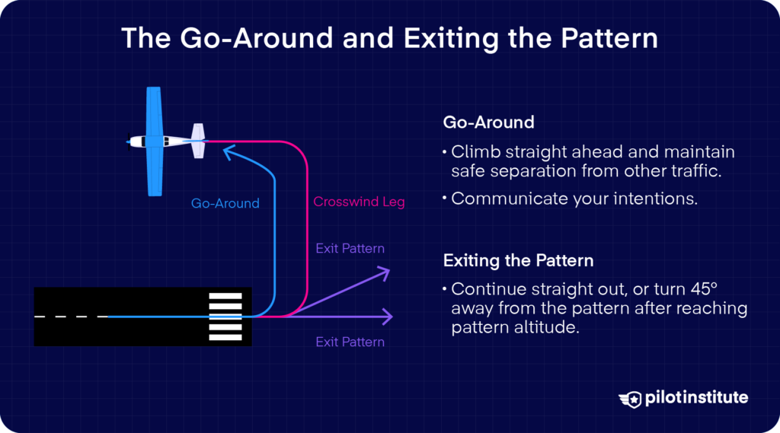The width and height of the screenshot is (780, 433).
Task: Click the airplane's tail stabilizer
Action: pos(199,141)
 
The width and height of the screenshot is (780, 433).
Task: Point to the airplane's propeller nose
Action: pos(129,142)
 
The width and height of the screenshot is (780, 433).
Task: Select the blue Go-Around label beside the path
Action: pos(225,203)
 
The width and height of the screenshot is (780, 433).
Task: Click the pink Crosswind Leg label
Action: pos(359,202)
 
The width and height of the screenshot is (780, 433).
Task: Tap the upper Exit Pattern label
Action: pos(350,248)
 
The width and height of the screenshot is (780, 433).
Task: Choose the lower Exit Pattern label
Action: pos(350,342)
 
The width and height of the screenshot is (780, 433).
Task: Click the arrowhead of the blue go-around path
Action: pos(227,153)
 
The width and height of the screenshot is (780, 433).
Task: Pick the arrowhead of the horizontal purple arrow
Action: pos(388,316)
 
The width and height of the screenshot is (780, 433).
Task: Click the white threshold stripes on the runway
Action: pos(225,316)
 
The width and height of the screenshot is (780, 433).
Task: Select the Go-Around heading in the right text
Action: pos(488,123)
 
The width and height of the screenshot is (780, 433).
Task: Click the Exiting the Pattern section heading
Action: pos(518,261)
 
